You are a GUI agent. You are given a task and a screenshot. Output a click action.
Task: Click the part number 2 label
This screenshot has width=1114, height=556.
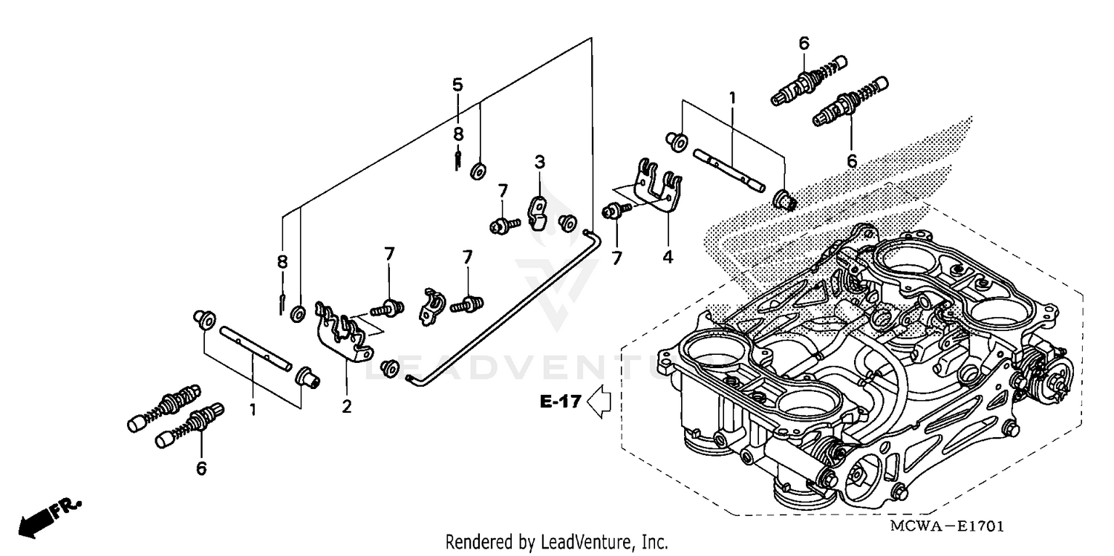coord(346,406)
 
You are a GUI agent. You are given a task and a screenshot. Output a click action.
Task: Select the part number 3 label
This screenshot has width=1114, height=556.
coord(540,161)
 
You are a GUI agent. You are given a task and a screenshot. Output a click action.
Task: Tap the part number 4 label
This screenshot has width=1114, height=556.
coord(667,257)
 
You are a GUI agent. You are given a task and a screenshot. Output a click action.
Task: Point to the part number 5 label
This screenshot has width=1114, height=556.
coord(457,84)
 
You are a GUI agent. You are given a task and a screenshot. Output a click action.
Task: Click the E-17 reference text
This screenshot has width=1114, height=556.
coord(559,402)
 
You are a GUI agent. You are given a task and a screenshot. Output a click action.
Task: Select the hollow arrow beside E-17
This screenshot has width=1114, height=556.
coord(599,402)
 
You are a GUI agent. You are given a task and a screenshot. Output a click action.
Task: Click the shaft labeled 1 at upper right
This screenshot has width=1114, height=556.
coord(727,169)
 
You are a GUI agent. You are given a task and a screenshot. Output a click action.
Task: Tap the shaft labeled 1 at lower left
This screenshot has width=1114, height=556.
coord(253,350)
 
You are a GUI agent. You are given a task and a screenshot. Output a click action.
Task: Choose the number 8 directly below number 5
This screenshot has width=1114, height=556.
coord(458,134)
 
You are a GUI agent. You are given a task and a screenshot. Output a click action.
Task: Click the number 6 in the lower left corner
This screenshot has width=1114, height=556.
coord(201,468)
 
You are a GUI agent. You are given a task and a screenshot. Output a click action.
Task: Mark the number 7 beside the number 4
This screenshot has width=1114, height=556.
coord(616,258)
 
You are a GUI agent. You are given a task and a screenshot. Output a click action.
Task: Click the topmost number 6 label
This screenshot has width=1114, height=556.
coord(804,44)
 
